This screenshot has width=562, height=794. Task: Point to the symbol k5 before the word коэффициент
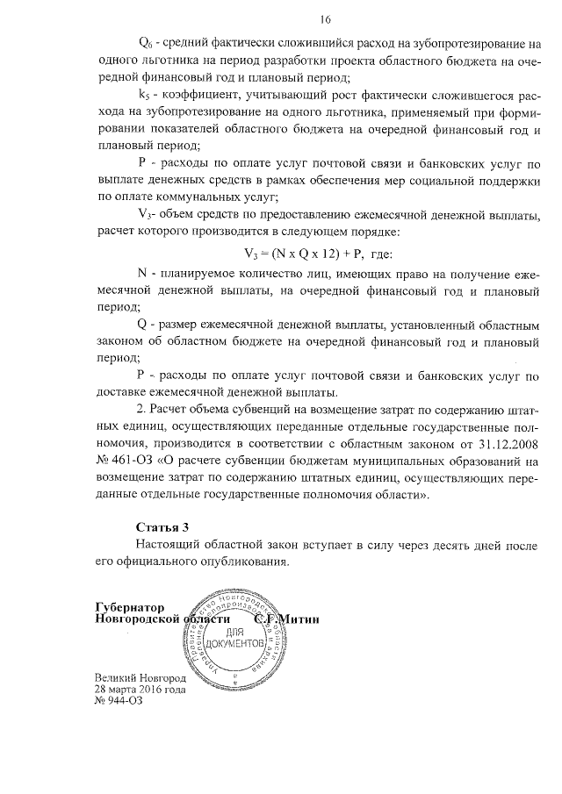145,94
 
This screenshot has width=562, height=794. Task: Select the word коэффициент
201,94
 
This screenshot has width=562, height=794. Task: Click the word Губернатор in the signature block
130,606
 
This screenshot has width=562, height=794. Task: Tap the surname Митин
300,619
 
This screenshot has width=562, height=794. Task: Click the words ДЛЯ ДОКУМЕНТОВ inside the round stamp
233,638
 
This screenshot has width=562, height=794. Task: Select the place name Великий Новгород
140,679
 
